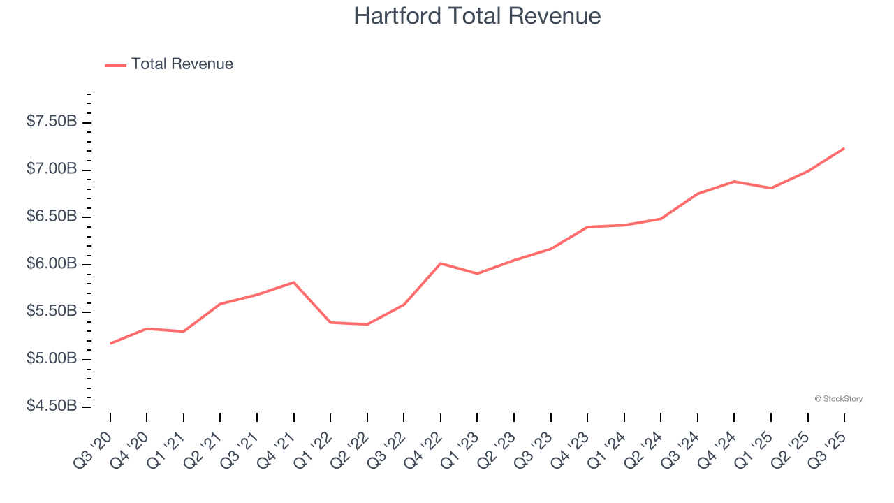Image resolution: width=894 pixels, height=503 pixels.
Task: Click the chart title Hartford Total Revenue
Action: click(477, 16)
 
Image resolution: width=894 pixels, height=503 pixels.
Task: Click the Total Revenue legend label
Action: click(182, 64)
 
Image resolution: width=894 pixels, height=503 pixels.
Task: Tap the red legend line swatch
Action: click(115, 65)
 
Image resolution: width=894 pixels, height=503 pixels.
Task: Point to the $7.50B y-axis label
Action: click(52, 122)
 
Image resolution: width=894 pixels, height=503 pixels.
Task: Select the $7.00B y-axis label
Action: click(52, 169)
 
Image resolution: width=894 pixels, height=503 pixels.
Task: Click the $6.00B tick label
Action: click(52, 264)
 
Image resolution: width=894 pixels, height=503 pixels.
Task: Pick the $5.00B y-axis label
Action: click(52, 359)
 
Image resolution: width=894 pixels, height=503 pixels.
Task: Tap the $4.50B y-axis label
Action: click(52, 407)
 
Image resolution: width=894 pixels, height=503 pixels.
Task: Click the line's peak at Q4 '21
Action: click(293, 282)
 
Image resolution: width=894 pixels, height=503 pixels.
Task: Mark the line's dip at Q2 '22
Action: click(367, 324)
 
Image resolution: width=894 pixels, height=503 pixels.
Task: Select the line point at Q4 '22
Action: click(440, 263)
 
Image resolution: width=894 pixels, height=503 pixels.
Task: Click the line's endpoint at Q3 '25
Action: click(844, 148)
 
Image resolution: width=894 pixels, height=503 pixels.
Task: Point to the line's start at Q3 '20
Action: click(110, 343)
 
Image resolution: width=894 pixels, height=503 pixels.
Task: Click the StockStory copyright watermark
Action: click(838, 399)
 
